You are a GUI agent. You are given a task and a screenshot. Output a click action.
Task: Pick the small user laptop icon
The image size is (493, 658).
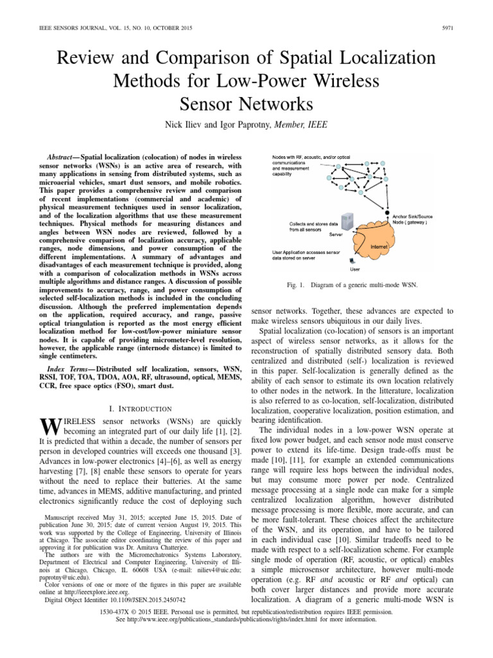point(351,261)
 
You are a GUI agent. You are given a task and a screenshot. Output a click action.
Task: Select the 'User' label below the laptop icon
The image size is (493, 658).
point(354,269)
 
